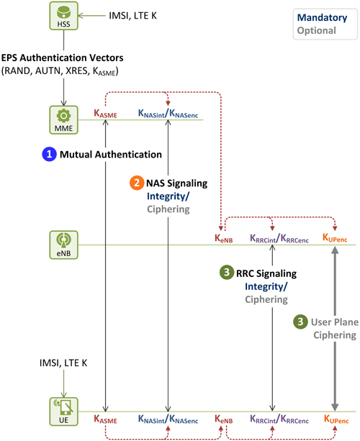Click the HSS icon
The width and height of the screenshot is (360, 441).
(x=63, y=16)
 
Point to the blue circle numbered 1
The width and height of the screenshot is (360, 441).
(x=49, y=154)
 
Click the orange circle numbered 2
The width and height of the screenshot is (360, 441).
(x=137, y=183)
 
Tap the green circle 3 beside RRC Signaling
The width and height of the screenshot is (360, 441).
(x=227, y=272)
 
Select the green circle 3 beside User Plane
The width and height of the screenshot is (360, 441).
(x=300, y=322)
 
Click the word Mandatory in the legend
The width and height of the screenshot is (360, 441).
(x=323, y=18)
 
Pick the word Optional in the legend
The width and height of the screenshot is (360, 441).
(x=317, y=30)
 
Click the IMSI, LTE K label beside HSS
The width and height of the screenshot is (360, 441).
(x=132, y=16)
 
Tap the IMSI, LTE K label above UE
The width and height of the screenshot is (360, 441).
(x=63, y=363)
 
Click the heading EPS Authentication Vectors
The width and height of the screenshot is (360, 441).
(x=62, y=58)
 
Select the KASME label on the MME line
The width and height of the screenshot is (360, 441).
(x=105, y=114)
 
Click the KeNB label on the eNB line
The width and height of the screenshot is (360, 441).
(x=224, y=239)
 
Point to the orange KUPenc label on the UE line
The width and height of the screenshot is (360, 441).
(x=336, y=419)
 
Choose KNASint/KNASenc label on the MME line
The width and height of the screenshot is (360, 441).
(x=168, y=114)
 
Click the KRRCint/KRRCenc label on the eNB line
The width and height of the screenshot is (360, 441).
(x=279, y=239)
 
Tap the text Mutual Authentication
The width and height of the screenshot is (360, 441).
(x=111, y=155)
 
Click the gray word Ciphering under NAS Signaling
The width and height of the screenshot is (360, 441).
(x=168, y=209)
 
